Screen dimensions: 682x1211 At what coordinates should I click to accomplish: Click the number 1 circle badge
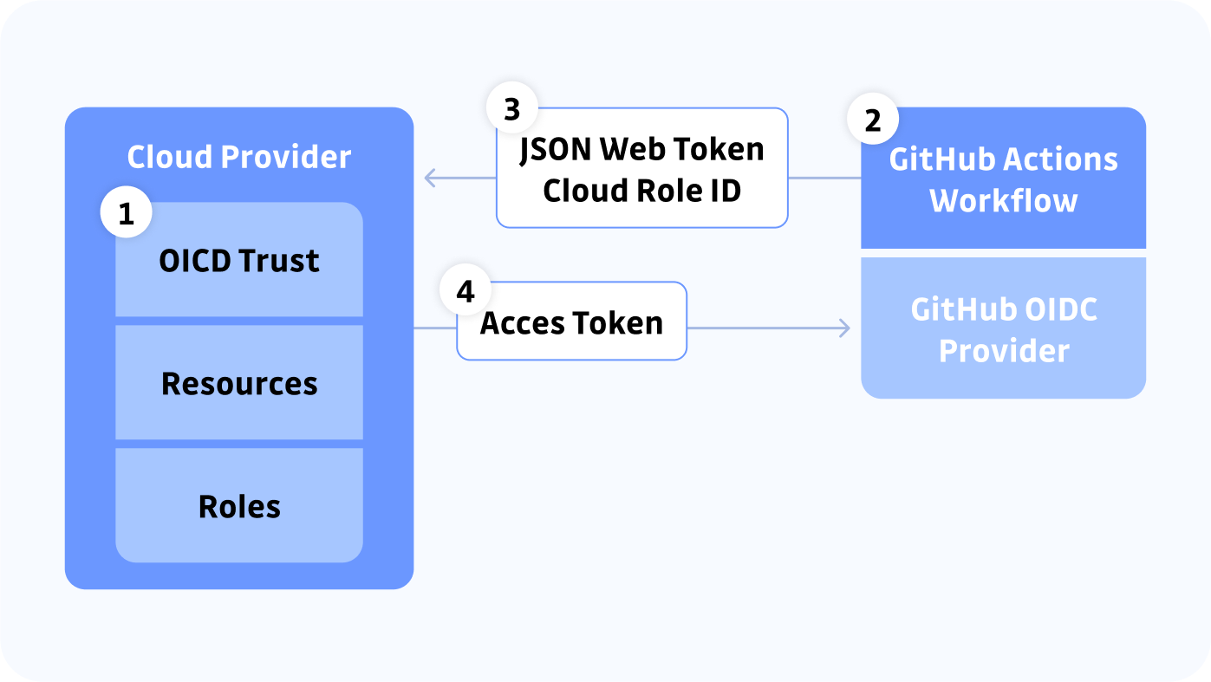[127, 213]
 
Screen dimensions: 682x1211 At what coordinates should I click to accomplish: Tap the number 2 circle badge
[873, 120]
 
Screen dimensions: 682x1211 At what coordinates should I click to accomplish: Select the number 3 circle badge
[511, 109]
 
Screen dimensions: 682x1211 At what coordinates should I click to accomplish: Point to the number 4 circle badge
[466, 291]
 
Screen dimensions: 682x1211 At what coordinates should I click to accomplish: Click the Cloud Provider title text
[239, 157]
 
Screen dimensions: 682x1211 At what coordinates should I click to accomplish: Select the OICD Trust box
[239, 261]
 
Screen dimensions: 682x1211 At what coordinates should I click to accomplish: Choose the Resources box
[239, 383]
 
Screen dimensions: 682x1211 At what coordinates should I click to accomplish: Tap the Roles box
[239, 506]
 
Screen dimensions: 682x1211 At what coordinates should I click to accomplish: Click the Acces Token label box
[572, 322]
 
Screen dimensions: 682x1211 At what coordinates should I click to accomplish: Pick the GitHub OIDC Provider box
[1003, 329]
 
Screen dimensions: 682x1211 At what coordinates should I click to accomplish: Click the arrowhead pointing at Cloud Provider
[429, 179]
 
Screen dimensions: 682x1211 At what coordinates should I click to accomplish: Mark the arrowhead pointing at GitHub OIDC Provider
[843, 328]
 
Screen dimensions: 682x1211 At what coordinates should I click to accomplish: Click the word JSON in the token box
[556, 149]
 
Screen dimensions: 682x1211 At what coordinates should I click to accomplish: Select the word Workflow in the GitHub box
[1003, 200]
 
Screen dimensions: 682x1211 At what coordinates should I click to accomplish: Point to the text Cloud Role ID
[641, 191]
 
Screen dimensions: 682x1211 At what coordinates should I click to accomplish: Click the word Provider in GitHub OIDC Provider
[1003, 351]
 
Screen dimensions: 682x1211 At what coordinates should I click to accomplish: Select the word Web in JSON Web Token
[633, 149]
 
